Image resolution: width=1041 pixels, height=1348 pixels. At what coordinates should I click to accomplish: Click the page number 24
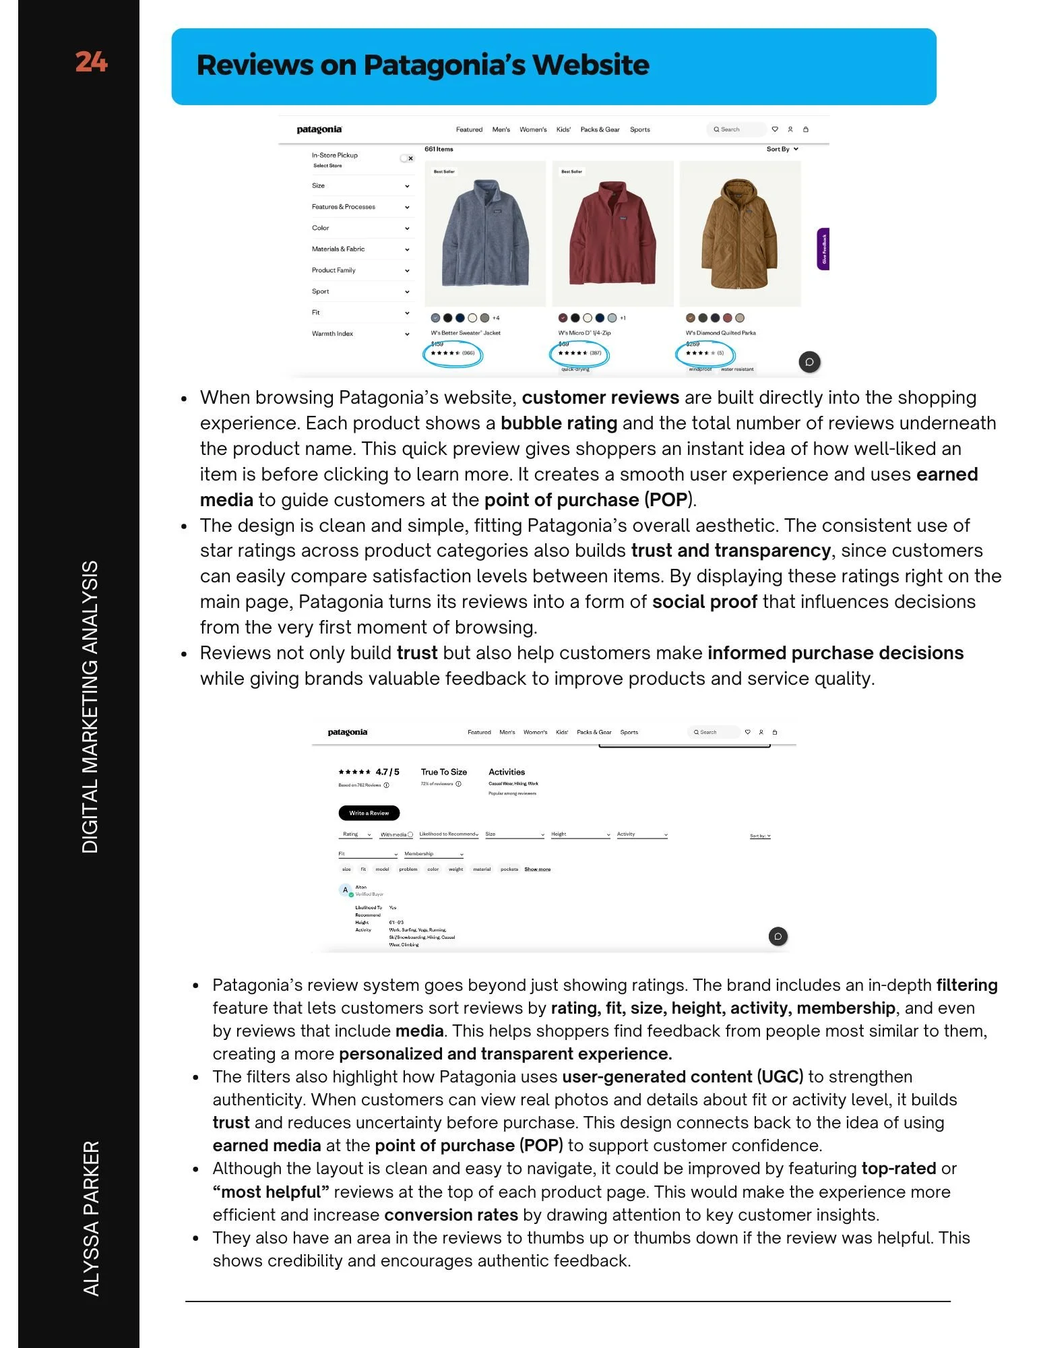pyautogui.click(x=91, y=62)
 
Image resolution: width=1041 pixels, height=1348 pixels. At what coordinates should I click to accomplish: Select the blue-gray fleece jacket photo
pyautogui.click(x=485, y=233)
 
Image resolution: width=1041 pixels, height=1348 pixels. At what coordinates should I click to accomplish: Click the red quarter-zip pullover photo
pyautogui.click(x=612, y=233)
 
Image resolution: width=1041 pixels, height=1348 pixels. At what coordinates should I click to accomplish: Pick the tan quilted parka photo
pyautogui.click(x=740, y=233)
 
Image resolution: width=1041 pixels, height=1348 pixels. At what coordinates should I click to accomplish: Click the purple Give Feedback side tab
pyautogui.click(x=823, y=249)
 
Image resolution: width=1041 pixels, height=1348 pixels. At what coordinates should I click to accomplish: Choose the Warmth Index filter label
pyautogui.click(x=332, y=334)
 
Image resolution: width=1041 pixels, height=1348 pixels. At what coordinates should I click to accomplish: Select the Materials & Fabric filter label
pyautogui.click(x=338, y=249)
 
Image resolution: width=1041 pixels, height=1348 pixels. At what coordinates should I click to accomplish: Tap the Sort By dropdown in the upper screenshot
pyautogui.click(x=782, y=149)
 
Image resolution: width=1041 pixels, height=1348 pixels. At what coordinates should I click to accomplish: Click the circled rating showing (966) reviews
pyautogui.click(x=453, y=353)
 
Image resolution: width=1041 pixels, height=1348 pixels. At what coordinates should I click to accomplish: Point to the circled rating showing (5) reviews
pyautogui.click(x=705, y=353)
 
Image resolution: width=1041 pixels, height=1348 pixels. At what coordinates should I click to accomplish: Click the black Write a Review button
pyautogui.click(x=369, y=813)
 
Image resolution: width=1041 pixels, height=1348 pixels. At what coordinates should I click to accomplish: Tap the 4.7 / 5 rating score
pyautogui.click(x=387, y=772)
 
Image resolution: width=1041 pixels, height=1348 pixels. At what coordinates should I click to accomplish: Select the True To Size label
pyautogui.click(x=444, y=772)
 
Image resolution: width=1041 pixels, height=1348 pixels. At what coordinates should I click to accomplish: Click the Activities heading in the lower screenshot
pyautogui.click(x=507, y=772)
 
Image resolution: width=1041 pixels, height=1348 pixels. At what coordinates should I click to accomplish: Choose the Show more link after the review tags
pyautogui.click(x=538, y=869)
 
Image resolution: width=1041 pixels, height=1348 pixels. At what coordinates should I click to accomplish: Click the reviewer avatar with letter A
pyautogui.click(x=346, y=890)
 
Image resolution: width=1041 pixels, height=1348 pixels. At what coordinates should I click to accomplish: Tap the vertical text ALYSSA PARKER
pyautogui.click(x=91, y=1217)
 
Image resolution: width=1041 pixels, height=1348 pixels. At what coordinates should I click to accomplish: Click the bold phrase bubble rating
pyautogui.click(x=559, y=423)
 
